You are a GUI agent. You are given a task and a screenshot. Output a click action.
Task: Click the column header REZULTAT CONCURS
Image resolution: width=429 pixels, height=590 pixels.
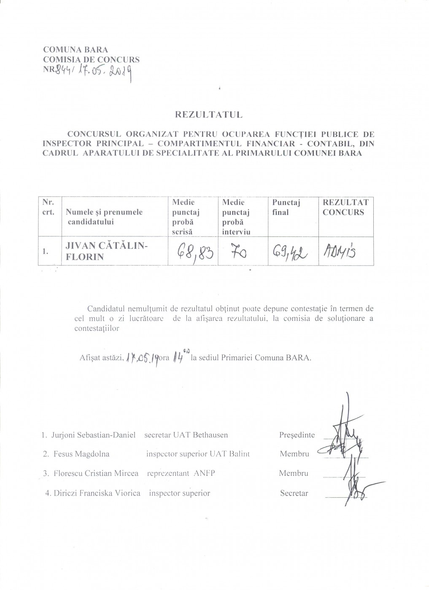coord(345,207)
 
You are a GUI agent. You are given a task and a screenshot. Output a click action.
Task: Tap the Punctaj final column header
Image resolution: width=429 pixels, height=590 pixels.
coord(286,207)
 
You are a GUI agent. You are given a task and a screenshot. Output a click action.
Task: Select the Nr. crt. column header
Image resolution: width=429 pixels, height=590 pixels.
coord(48,207)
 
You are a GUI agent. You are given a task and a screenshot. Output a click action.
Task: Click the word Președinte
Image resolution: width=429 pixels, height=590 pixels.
coord(297,435)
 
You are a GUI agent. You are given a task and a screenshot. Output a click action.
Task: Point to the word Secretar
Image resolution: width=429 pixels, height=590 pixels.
coord(294,493)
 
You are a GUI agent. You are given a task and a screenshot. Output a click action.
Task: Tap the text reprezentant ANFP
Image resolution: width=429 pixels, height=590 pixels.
coord(181,473)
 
